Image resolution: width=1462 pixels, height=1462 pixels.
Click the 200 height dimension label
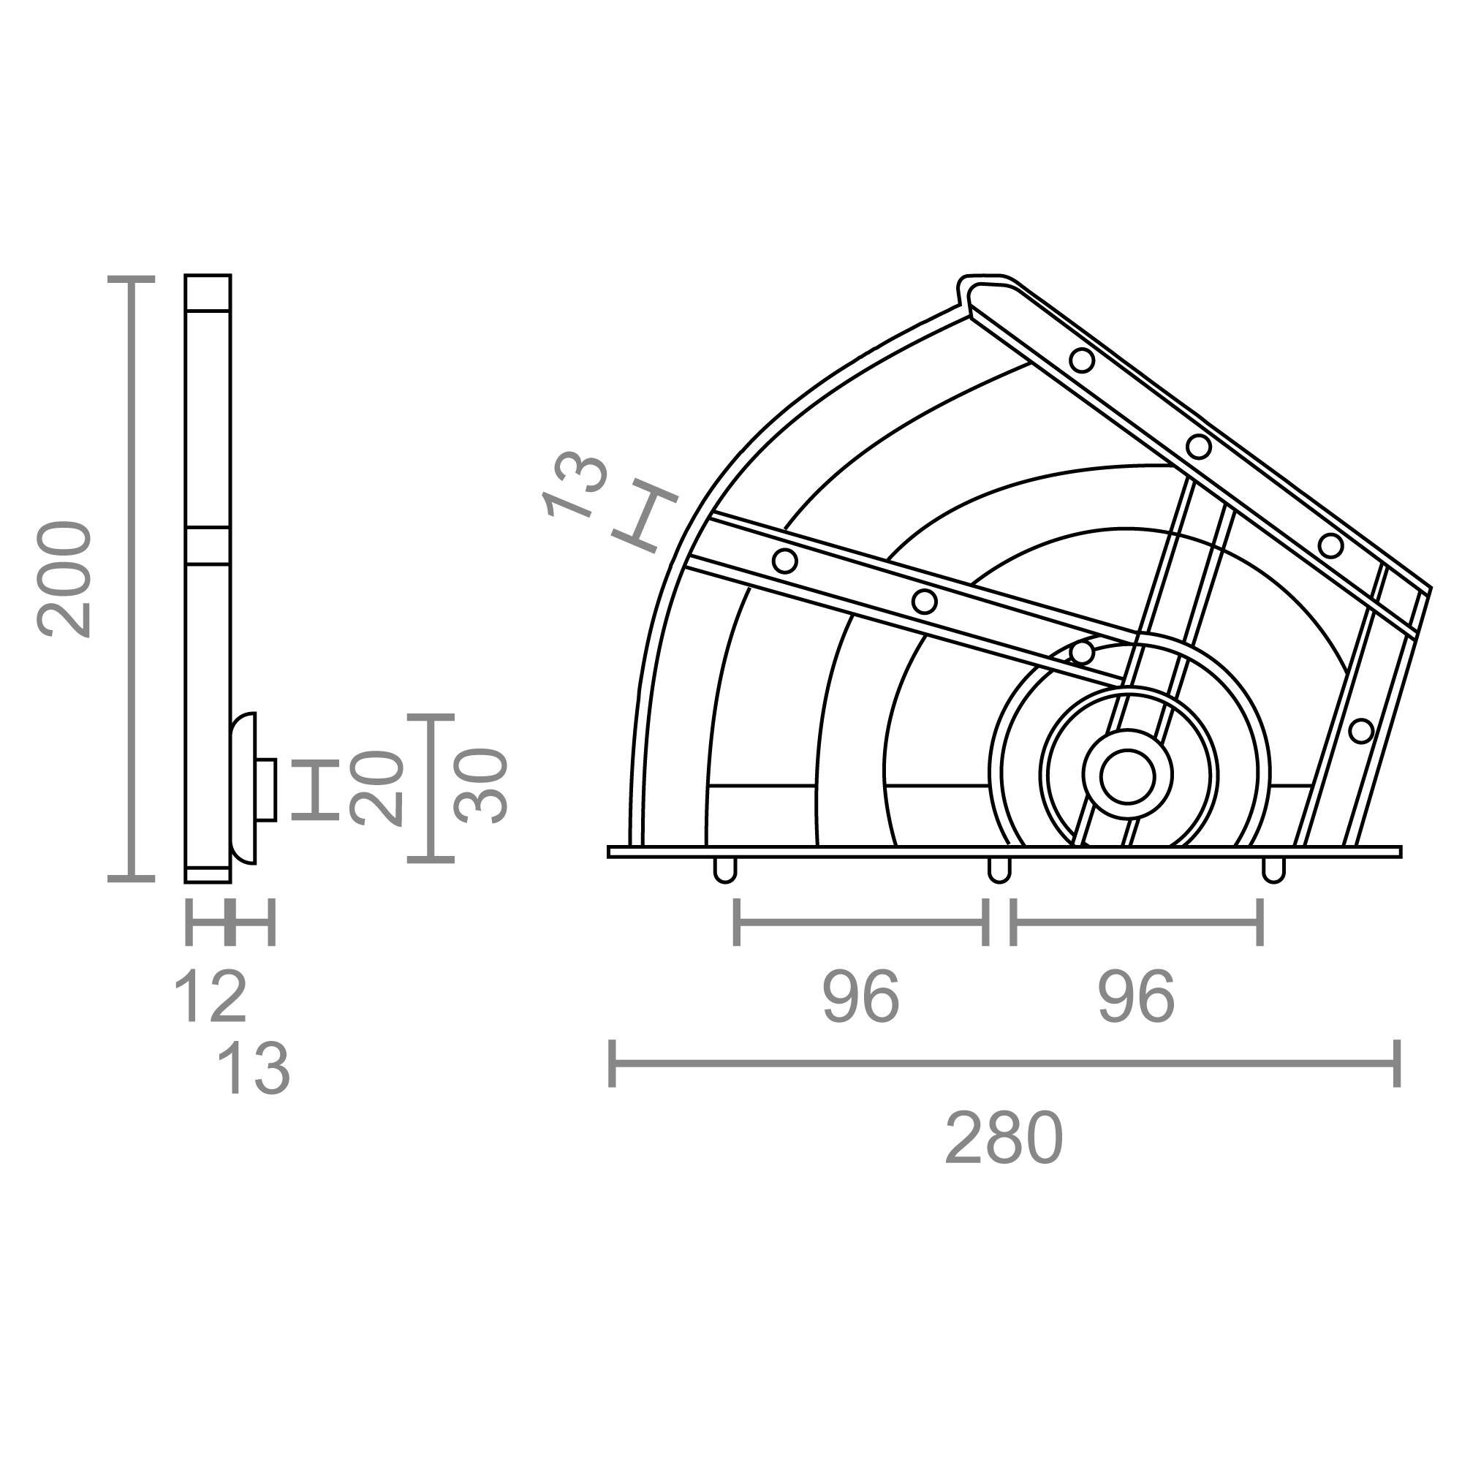pyautogui.click(x=64, y=579)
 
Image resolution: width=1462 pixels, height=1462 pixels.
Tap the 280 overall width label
pyautogui.click(x=1004, y=1140)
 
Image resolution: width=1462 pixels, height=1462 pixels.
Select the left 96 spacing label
pyautogui.click(x=860, y=997)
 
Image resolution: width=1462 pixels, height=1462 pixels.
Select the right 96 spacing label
pyautogui.click(x=1136, y=997)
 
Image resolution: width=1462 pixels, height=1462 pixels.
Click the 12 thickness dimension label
pyautogui.click(x=210, y=997)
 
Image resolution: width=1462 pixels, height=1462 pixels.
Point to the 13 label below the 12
pyautogui.click(x=253, y=1069)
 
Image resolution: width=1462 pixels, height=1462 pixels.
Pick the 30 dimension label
pyautogui.click(x=480, y=786)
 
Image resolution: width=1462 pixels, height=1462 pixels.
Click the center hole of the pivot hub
pyautogui.click(x=1127, y=776)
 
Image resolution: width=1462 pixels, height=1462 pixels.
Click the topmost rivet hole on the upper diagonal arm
pyautogui.click(x=1082, y=360)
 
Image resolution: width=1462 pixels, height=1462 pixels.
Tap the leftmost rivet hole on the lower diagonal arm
pyautogui.click(x=784, y=561)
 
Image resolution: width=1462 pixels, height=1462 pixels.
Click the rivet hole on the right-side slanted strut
pyautogui.click(x=1360, y=731)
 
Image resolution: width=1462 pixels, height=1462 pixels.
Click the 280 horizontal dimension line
pyautogui.click(x=1004, y=1063)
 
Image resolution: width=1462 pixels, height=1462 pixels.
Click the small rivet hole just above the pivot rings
pyautogui.click(x=1082, y=651)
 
